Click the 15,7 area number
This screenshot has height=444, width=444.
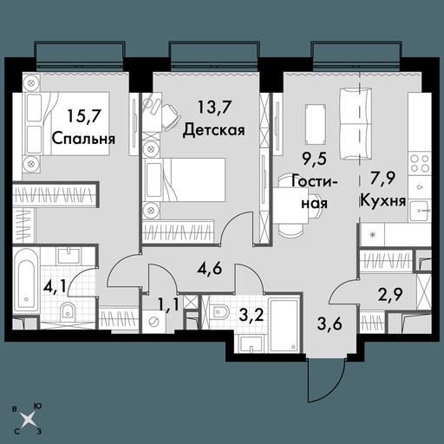point(84,117)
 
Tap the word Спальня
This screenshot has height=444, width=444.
point(83,139)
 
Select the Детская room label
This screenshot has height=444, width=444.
point(214,130)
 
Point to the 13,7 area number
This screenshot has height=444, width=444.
point(214,108)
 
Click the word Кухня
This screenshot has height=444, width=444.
point(383,200)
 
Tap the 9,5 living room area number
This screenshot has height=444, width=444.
point(314,159)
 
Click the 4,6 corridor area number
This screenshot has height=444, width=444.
point(210,268)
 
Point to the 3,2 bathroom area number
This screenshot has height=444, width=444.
point(251,316)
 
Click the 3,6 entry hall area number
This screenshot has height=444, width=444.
point(330,324)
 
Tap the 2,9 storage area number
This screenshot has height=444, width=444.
point(390,295)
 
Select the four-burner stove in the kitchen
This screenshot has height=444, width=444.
point(420,163)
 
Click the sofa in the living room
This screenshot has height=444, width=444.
point(356,123)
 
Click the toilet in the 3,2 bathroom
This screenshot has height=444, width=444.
point(219,311)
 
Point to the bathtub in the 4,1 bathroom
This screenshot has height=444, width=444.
point(27,283)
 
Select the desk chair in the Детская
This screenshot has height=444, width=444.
point(170,116)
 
